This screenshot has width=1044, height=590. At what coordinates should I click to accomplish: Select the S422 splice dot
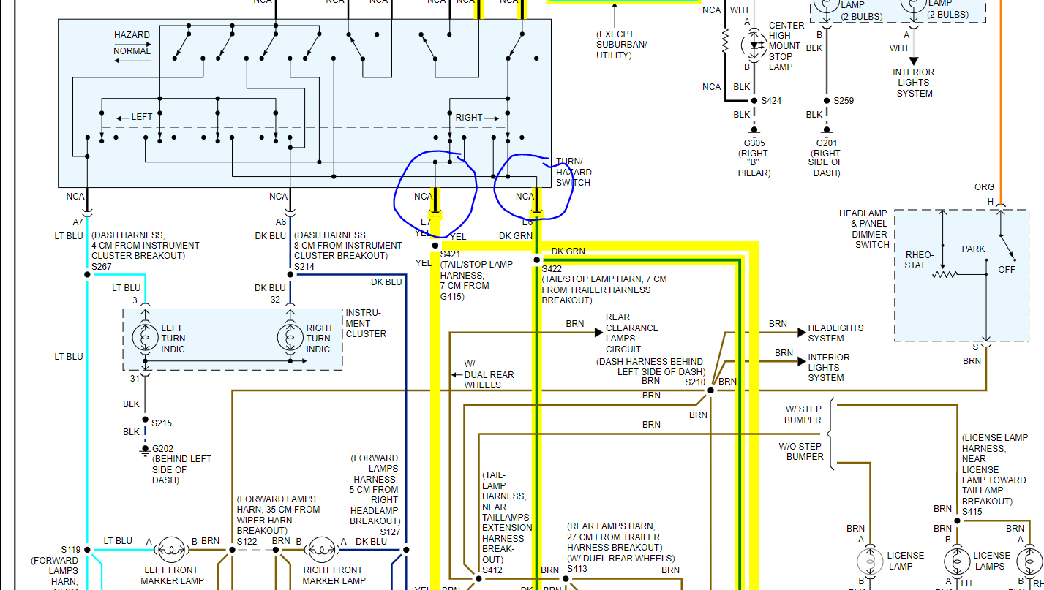[536, 260]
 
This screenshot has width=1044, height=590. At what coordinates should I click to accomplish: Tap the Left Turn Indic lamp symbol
[145, 337]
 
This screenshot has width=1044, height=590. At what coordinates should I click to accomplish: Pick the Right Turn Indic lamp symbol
[290, 337]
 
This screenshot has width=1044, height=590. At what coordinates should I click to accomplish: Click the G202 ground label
[162, 448]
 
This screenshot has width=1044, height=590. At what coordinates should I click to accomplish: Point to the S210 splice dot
[710, 390]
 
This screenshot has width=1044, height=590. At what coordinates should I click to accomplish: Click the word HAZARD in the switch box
[132, 35]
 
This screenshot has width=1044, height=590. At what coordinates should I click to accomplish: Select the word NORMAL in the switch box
[132, 51]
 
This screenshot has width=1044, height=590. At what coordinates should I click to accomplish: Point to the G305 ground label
[753, 143]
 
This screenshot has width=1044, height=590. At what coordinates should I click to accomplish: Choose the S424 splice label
[771, 101]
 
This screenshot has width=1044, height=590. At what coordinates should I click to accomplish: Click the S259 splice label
[844, 101]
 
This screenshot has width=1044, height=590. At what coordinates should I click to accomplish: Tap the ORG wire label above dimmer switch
[984, 187]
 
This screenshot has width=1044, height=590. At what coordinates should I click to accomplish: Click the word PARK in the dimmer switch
[973, 249]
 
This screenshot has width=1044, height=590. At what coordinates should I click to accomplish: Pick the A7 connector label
[78, 222]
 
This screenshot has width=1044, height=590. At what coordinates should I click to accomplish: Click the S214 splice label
[304, 267]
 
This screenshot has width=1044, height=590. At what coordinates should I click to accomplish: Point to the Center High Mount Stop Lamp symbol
[753, 45]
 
